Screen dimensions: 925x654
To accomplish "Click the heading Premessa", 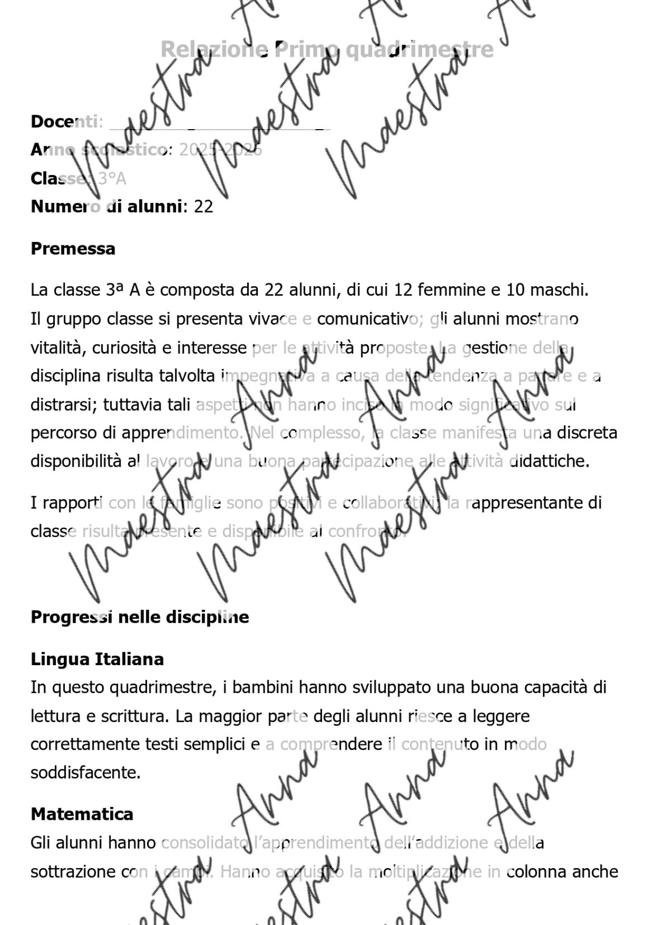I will (x=73, y=249).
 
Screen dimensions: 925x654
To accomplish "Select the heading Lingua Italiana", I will (x=97, y=659).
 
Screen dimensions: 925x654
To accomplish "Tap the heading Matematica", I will (x=82, y=814).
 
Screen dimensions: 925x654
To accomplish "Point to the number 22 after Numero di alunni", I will (x=203, y=207).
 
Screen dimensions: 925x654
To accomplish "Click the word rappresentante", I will (x=528, y=503).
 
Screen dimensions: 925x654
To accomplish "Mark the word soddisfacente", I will (x=85, y=773).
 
